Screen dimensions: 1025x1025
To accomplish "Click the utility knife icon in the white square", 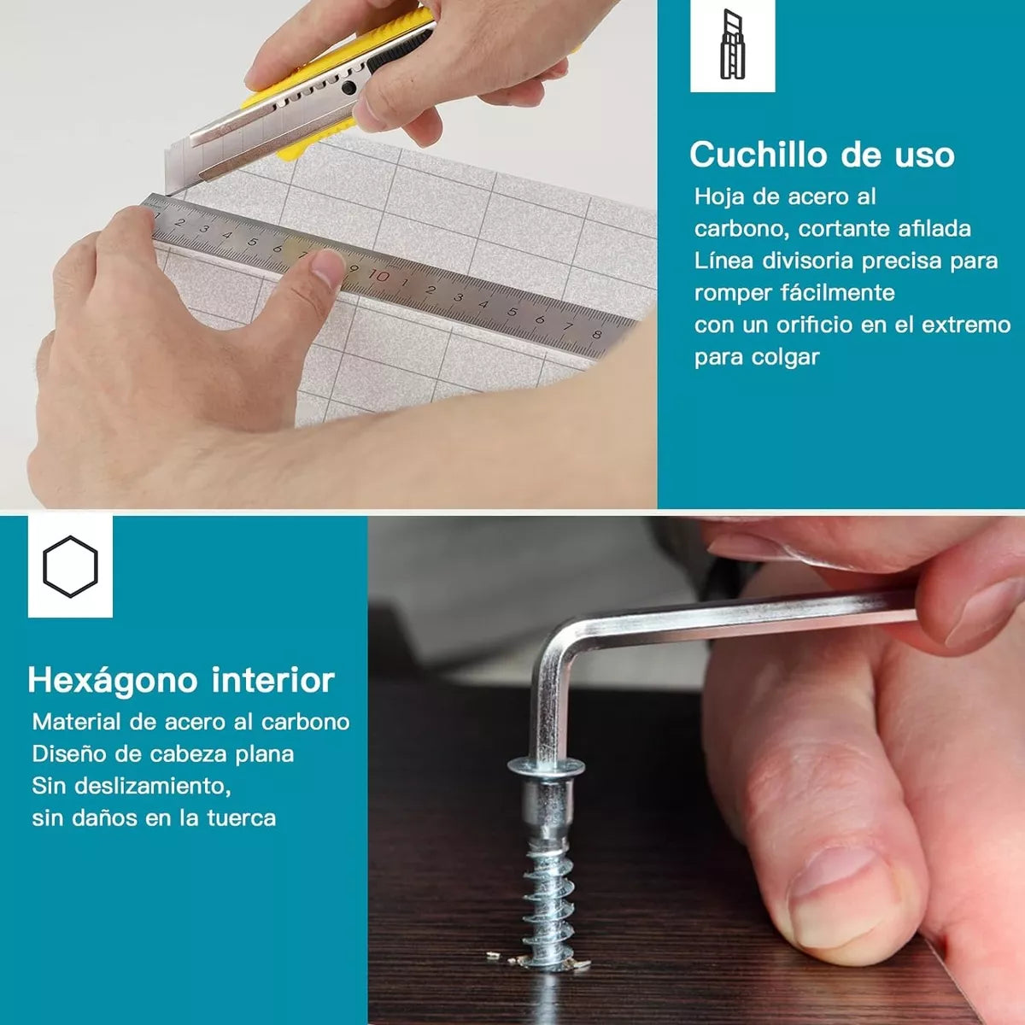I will point(732,44).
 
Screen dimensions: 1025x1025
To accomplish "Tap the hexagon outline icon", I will point(70,566).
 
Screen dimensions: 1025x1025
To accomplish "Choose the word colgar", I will point(786,357).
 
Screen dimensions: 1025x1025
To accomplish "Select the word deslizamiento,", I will point(164,786).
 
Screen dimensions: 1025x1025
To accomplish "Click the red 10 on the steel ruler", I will point(378,276).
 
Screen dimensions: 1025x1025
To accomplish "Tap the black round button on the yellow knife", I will point(348,87).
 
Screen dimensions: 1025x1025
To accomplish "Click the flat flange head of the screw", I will point(547,766).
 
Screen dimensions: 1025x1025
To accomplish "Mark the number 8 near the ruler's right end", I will point(596,335).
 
